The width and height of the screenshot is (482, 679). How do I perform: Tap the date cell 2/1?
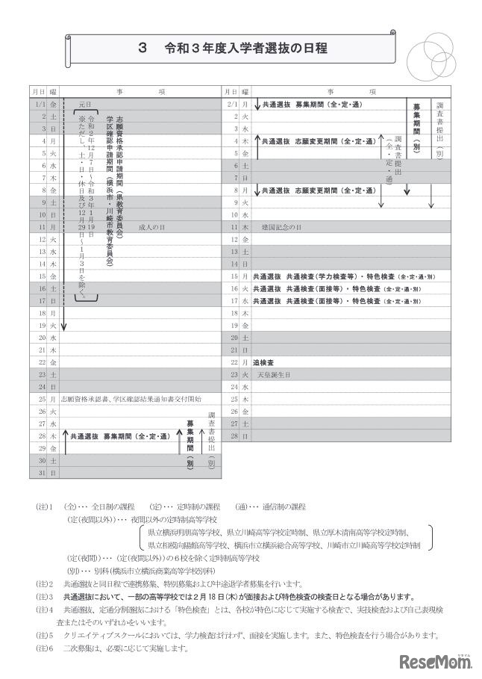[x=231, y=106]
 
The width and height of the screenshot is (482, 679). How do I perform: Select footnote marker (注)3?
[x=43, y=597]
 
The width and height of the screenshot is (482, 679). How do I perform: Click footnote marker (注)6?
[x=43, y=648]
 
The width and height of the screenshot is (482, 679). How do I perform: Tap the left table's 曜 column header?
[x=53, y=90]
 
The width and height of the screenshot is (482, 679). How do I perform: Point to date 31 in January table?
[x=41, y=473]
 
